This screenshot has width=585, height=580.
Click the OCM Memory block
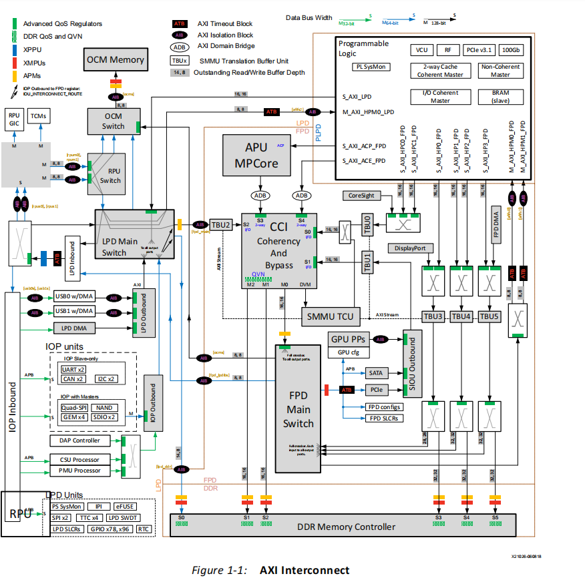click(x=114, y=60)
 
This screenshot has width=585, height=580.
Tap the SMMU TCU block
click(x=331, y=316)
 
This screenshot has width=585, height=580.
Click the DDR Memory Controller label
click(x=346, y=527)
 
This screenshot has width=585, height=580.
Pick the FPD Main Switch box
click(x=298, y=408)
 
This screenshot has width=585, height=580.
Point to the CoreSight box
click(x=362, y=196)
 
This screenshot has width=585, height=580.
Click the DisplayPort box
click(x=410, y=248)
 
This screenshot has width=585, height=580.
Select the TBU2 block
click(x=220, y=225)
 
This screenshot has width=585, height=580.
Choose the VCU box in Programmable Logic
click(x=421, y=50)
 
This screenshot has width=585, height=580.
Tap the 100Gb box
click(x=511, y=50)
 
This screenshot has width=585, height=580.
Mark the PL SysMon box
click(x=372, y=67)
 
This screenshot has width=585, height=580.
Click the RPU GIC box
click(x=14, y=119)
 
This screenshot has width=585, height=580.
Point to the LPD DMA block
click(x=74, y=328)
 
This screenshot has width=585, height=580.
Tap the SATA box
click(x=375, y=372)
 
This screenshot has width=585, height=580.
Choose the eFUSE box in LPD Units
click(x=124, y=507)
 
